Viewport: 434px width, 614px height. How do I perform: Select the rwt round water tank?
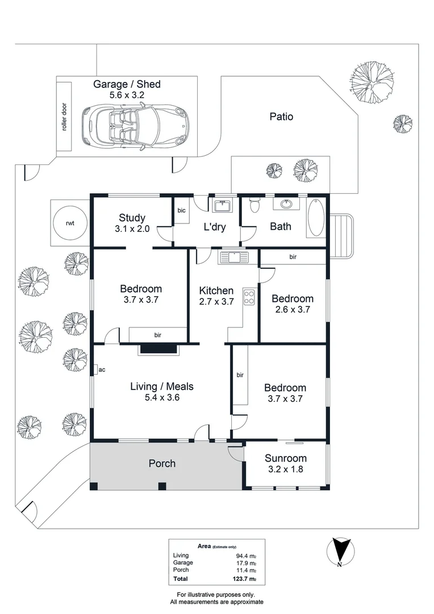pos(70,223)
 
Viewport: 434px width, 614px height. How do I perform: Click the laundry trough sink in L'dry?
pos(221,205)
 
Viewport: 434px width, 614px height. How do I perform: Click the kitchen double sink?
pos(233,258)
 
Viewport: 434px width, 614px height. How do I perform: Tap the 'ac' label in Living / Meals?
pos(102,370)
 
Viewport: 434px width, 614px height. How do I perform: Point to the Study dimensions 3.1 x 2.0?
pos(132,229)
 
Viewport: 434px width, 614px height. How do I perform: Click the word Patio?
pos(281,117)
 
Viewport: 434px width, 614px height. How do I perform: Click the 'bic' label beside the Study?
pos(181,210)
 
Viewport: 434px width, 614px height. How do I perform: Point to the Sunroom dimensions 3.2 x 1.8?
pos(286,470)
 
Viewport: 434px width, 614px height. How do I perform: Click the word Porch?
pos(162,463)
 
